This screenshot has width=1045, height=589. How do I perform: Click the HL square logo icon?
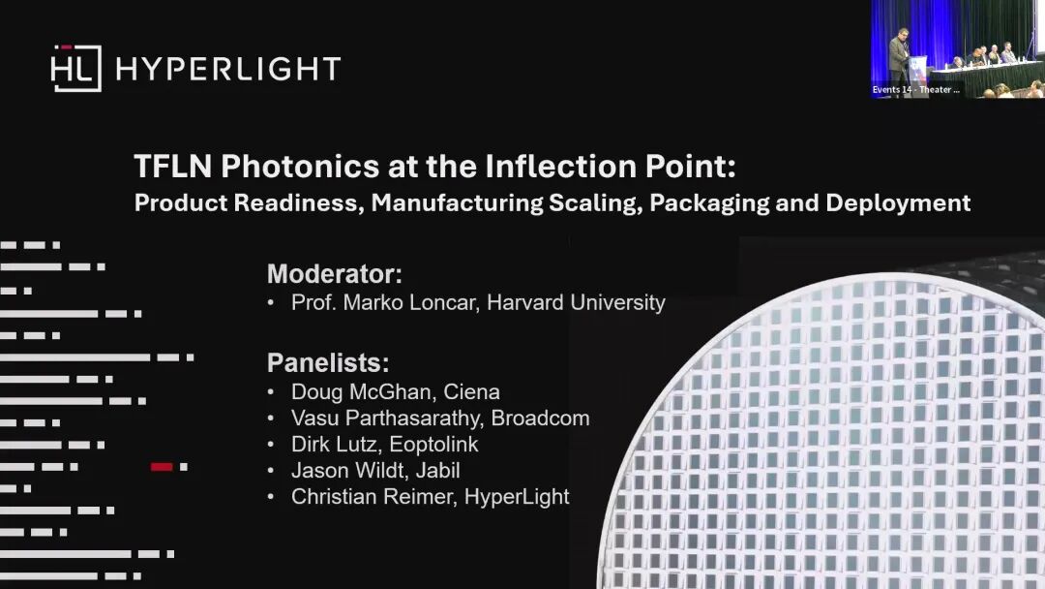click(x=76, y=68)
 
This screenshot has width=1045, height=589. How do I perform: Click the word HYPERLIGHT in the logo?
click(x=228, y=69)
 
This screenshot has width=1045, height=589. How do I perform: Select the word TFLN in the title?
click(x=173, y=166)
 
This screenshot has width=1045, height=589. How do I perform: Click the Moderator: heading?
click(x=335, y=274)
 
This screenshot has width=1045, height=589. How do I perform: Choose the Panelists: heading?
click(x=328, y=363)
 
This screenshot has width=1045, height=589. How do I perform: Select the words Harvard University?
click(x=576, y=303)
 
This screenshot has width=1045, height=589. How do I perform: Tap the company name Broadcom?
click(x=541, y=418)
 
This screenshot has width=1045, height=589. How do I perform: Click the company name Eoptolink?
click(x=433, y=445)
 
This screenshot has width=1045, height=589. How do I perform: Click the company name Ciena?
click(x=471, y=392)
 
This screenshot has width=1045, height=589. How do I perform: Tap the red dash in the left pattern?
click(x=162, y=467)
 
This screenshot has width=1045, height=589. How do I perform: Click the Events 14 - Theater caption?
click(x=915, y=89)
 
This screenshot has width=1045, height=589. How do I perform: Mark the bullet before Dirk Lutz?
click(x=271, y=445)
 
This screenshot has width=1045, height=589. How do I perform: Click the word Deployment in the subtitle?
click(x=898, y=203)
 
